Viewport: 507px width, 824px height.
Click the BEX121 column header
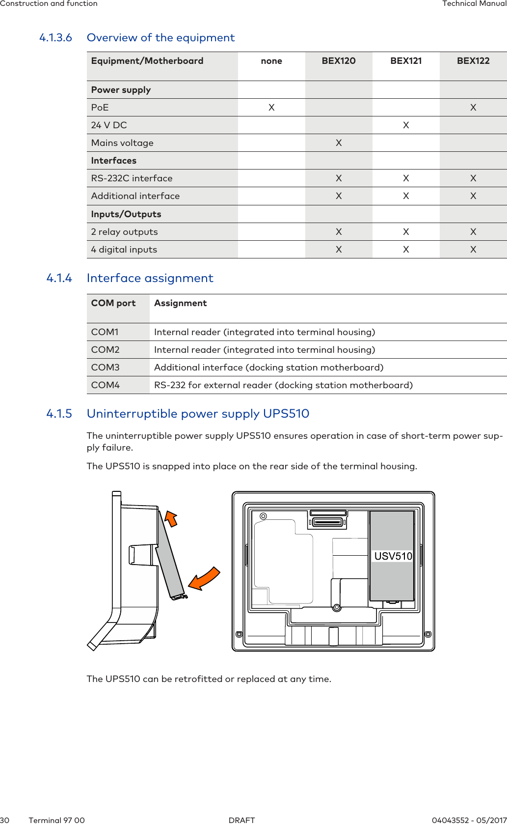point(406,61)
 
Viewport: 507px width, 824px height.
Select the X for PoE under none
point(271,108)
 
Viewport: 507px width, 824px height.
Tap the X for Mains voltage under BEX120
point(339,143)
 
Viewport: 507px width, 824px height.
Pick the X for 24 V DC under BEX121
point(406,125)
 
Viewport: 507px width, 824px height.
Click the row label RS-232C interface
point(132,178)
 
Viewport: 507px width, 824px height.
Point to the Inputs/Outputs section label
point(126,214)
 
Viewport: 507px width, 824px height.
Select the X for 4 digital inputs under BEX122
point(473,250)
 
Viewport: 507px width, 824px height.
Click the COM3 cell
point(106,368)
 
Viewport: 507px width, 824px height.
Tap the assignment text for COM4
point(283,385)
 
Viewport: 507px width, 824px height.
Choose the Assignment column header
point(181,303)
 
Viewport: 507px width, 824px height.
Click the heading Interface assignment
point(150,278)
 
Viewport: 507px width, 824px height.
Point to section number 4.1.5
point(59,414)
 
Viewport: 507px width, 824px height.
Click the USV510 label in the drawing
point(393,556)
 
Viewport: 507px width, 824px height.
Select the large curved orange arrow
point(204,578)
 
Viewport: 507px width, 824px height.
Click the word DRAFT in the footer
point(242,820)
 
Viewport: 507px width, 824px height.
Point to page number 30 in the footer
point(5,820)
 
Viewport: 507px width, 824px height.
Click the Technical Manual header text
point(474,4)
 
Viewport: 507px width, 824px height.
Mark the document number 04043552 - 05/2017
point(469,820)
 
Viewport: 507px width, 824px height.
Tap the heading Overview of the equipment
point(160,38)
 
